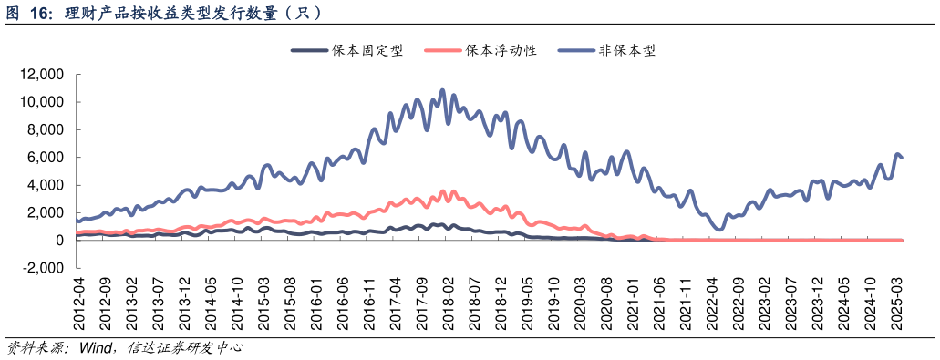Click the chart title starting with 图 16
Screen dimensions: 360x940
[x=164, y=13]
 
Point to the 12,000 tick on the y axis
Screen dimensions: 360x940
[x=41, y=75]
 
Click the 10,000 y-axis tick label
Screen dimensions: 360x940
[x=41, y=102]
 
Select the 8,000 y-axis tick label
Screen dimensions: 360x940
[x=45, y=129]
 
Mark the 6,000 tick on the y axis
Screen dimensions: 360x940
[x=45, y=158]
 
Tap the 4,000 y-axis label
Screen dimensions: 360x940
[x=45, y=185]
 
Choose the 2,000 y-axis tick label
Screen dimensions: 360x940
[x=45, y=212]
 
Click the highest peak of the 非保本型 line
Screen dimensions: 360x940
[x=443, y=90]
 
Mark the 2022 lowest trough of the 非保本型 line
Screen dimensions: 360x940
[x=719, y=229]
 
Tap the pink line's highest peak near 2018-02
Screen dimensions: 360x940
[x=443, y=191]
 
